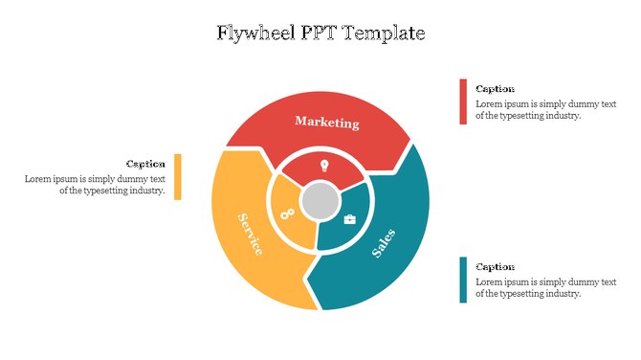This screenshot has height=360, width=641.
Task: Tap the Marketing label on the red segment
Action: [327, 122]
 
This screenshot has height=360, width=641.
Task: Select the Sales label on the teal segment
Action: [383, 244]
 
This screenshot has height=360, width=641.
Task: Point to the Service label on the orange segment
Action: [250, 233]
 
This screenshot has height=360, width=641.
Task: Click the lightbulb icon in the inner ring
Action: [324, 166]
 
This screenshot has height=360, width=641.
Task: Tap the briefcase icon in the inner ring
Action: [350, 219]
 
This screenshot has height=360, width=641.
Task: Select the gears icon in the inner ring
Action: [287, 214]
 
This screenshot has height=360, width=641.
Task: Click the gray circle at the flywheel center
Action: [320, 202]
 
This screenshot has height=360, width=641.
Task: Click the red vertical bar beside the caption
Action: [463, 101]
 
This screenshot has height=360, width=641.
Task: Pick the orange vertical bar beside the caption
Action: [178, 176]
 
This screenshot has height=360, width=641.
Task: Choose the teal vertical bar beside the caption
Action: [463, 280]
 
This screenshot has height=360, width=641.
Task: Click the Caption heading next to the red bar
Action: [495, 89]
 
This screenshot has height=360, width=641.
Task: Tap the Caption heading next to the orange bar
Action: [145, 164]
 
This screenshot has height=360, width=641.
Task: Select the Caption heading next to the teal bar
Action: [495, 267]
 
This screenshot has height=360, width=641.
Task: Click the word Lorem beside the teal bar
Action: [489, 281]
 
